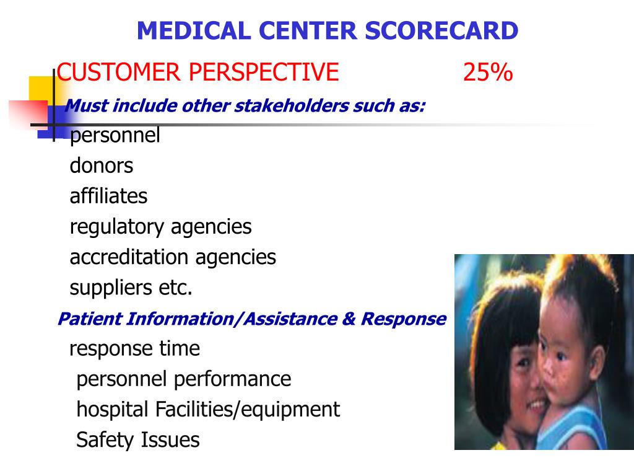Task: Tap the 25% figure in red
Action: tap(488, 73)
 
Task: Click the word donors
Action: tap(102, 165)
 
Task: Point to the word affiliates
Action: tap(108, 196)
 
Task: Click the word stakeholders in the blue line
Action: tap(291, 105)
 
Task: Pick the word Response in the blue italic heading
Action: tap(403, 319)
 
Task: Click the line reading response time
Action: tap(134, 349)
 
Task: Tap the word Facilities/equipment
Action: tap(248, 410)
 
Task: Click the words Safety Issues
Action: tap(138, 441)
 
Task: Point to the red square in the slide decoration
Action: tap(28, 115)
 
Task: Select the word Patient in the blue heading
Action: tap(89, 319)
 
